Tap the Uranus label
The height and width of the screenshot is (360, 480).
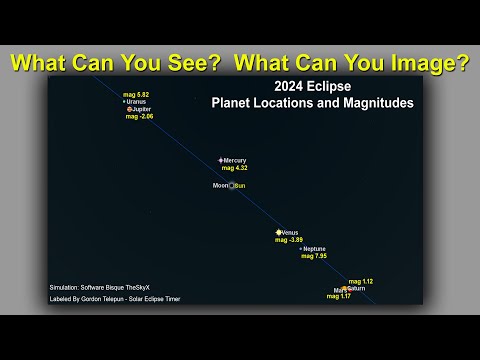(137, 102)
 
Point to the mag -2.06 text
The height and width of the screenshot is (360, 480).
(139, 117)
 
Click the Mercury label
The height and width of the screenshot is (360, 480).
(235, 160)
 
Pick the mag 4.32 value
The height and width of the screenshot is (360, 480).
(234, 168)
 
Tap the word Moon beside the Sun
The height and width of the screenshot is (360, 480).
(220, 186)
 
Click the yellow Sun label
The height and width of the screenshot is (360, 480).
(240, 186)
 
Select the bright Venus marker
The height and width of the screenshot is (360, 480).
(279, 232)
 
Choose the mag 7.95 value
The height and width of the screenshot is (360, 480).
(314, 256)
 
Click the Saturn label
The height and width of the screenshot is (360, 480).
(357, 288)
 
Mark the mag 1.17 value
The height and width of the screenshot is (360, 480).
(338, 296)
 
